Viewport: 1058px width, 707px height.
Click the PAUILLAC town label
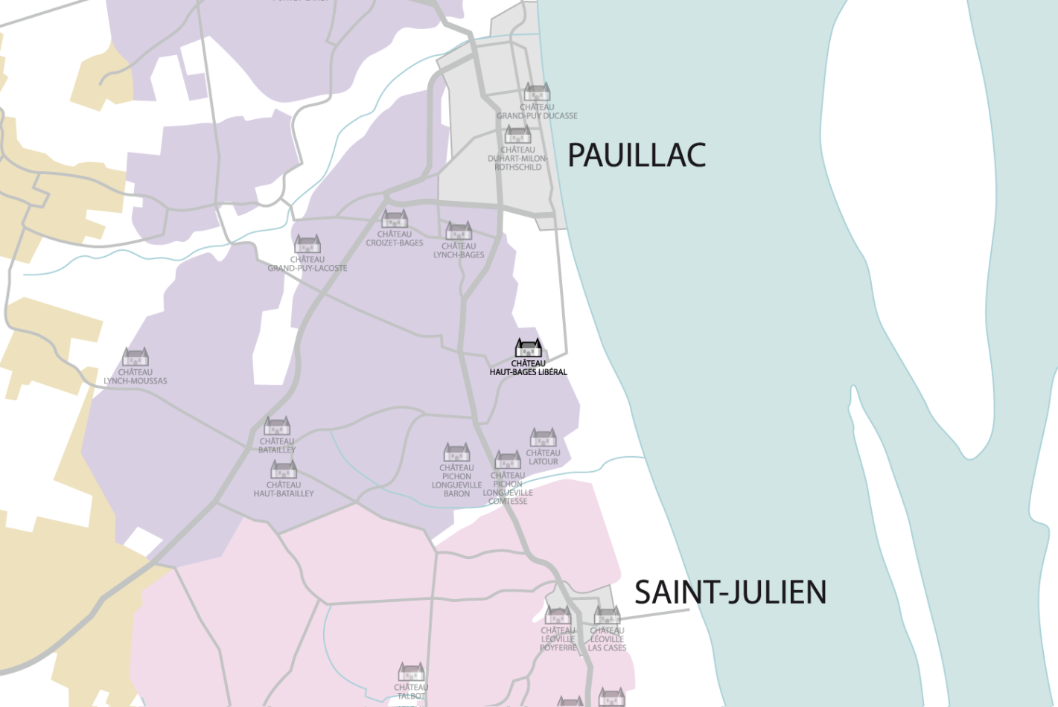point(637,156)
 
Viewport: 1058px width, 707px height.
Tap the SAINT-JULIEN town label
point(730,592)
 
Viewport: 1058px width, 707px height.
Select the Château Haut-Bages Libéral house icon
point(529,348)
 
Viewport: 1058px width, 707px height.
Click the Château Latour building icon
point(543,437)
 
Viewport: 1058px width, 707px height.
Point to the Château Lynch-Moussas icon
point(136,357)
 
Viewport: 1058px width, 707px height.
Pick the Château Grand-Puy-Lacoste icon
point(307,244)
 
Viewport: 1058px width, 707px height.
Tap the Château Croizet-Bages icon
point(394,219)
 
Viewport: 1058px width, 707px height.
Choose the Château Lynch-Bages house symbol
point(459,231)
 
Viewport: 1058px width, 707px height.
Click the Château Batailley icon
point(277,426)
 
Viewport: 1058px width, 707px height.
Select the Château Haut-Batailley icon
point(284,470)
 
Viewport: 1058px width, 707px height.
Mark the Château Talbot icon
point(411,672)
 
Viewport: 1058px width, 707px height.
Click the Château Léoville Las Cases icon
point(607,615)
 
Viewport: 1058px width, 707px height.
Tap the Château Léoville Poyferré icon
point(558,615)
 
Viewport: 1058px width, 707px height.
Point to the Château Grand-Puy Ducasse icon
point(537,92)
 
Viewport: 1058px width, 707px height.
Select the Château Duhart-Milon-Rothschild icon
point(517,135)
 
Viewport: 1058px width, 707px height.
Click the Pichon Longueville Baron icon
point(456,452)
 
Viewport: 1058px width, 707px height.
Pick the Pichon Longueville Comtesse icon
point(508,460)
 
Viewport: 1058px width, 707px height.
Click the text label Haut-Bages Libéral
point(528,368)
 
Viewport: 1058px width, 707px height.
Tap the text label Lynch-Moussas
point(136,377)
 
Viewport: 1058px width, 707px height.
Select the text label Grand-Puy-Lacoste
point(307,263)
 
